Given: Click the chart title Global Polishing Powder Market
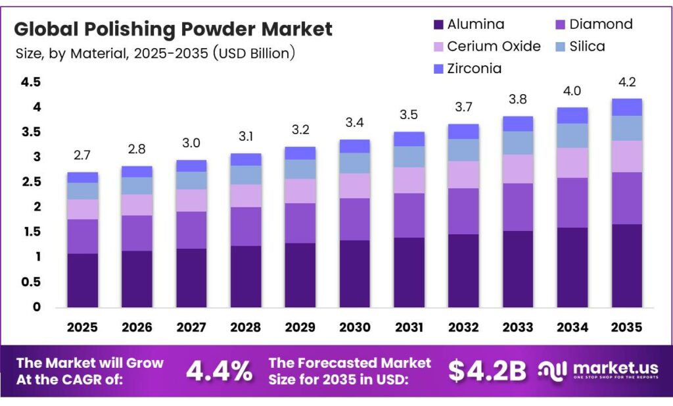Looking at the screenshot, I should tap(174, 30).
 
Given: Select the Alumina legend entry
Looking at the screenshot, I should tap(468, 25).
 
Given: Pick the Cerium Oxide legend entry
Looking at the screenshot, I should tap(486, 47).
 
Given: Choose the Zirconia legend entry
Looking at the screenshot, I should tap(468, 68).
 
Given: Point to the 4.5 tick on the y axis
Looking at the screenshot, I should tap(31, 82).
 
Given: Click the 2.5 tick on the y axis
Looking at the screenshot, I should tap(31, 182).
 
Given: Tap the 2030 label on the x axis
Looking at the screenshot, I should tap(354, 327).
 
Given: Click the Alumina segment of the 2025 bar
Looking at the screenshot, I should tap(83, 280).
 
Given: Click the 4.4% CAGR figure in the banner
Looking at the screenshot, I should tap(219, 371).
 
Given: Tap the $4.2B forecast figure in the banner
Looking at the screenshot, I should tap(487, 371).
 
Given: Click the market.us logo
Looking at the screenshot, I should tap(599, 370).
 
